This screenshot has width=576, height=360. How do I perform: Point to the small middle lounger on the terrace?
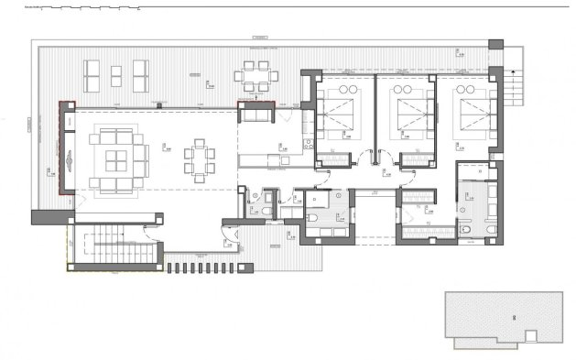click(118, 71)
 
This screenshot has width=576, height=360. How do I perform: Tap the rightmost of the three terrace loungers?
click(141, 71)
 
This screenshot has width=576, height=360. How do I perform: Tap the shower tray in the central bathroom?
click(317, 197)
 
